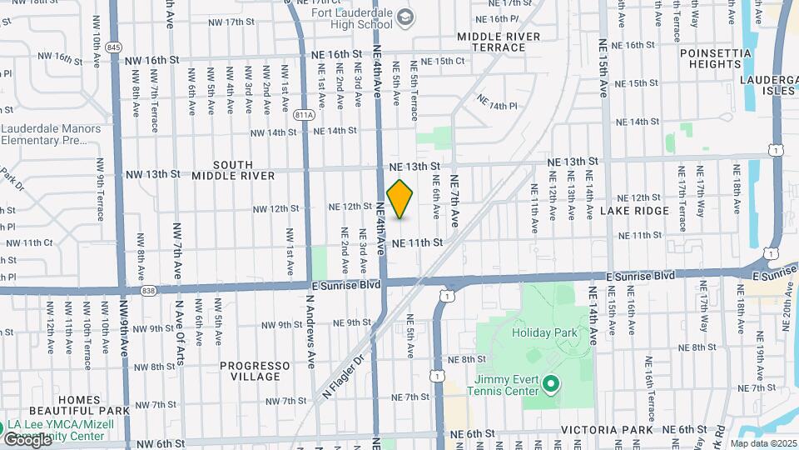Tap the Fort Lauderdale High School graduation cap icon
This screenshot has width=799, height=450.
[x=404, y=17]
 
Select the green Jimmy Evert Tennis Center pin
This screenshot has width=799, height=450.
[x=549, y=384]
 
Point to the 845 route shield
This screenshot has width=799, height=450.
[x=114, y=47]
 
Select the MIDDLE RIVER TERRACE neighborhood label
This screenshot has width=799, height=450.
[x=498, y=42]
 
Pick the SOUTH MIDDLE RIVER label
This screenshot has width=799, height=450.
[x=233, y=170]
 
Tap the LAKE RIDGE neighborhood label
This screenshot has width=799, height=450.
[x=634, y=212]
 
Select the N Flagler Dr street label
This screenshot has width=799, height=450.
[x=343, y=376]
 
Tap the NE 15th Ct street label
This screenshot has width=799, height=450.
[x=442, y=61]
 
